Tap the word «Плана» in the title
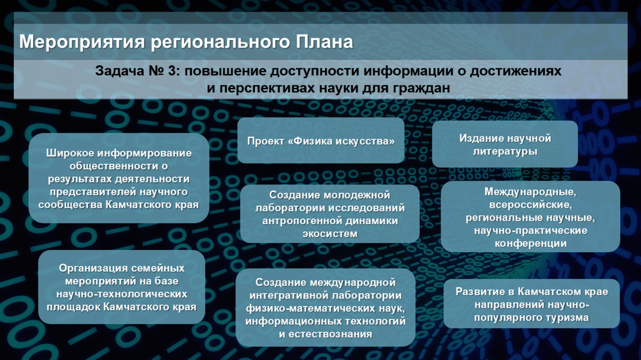pyautogui.click(x=325, y=42)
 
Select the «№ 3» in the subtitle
pyautogui.click(x=163, y=71)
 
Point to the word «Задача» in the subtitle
pyautogui.click(x=120, y=71)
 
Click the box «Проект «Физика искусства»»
pyautogui.click(x=321, y=140)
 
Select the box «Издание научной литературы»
pyautogui.click(x=505, y=144)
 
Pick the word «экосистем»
pyautogui.click(x=330, y=234)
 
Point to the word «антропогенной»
pyautogui.click(x=302, y=221)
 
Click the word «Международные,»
pyautogui.click(x=530, y=192)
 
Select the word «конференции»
pyautogui.click(x=530, y=244)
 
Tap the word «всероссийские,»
pyautogui.click(x=530, y=205)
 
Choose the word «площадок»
pyautogui.click(x=73, y=307)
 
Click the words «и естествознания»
pyautogui.click(x=326, y=334)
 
